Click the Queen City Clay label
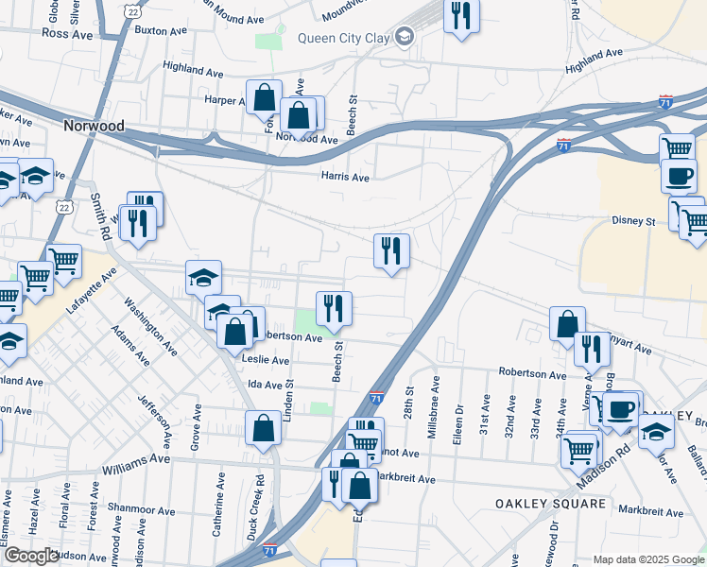point(344,38)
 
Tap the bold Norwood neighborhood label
point(94,124)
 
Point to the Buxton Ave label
point(163,30)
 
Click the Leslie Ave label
point(267,360)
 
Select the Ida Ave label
point(265,385)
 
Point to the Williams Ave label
point(136,459)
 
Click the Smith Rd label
point(98,215)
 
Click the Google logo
point(30,556)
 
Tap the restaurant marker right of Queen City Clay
point(461,16)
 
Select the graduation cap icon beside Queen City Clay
point(405,37)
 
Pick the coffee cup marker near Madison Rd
point(621,409)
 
